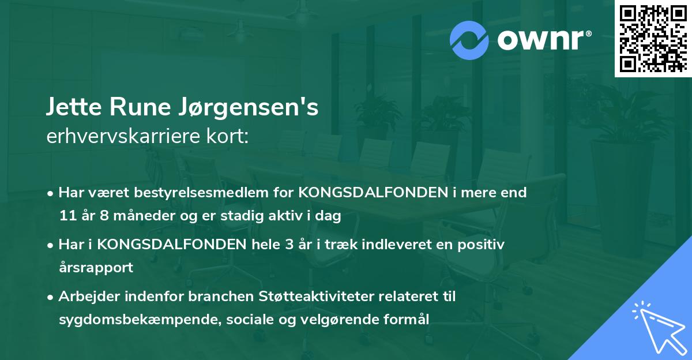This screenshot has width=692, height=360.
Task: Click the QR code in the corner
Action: [x=653, y=39]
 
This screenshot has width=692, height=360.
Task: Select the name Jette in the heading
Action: [x=72, y=108]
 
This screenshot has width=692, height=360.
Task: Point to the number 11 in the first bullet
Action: [x=66, y=216]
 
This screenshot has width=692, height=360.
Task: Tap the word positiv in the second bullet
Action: [x=484, y=245]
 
